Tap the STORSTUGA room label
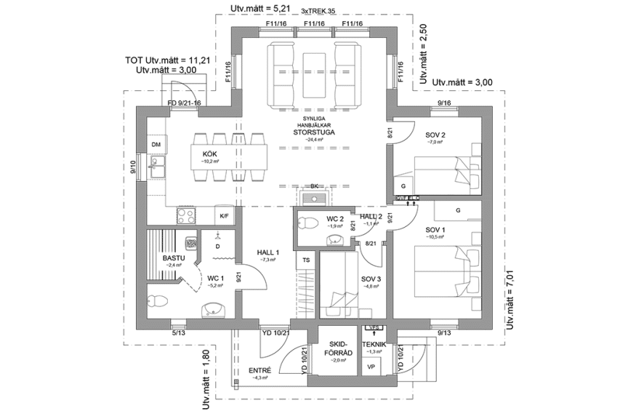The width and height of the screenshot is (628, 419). pyautogui.click(x=313, y=132)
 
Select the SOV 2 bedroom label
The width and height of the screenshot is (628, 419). pyautogui.click(x=434, y=135)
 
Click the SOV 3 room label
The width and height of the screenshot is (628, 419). pyautogui.click(x=371, y=278)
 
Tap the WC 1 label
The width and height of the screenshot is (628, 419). pyautogui.click(x=216, y=277)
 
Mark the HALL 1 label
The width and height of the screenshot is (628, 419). pyautogui.click(x=268, y=252)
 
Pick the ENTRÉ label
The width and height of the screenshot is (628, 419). pyautogui.click(x=259, y=370)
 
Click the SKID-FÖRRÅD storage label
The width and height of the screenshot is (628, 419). pyautogui.click(x=340, y=348)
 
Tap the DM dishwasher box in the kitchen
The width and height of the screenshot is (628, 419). pyautogui.click(x=156, y=145)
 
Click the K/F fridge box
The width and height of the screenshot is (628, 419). pyautogui.click(x=224, y=217)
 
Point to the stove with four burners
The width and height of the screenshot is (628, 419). pyautogui.click(x=185, y=215)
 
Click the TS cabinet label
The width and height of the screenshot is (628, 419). pyautogui.click(x=306, y=259)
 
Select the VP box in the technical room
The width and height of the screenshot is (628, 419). pyautogui.click(x=371, y=367)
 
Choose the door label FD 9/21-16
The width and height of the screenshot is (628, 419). pyautogui.click(x=184, y=103)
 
